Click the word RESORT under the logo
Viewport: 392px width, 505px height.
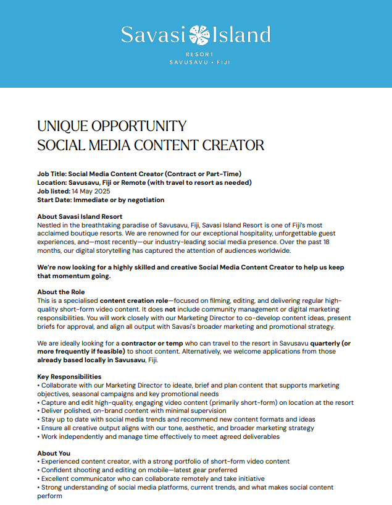pyautogui.click(x=196, y=54)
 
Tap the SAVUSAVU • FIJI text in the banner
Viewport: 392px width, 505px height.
pyautogui.click(x=196, y=63)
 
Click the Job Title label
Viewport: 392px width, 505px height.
pyautogui.click(x=52, y=174)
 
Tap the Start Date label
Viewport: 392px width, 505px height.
pyautogui.click(x=54, y=200)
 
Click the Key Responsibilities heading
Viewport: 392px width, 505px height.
pyautogui.click(x=69, y=376)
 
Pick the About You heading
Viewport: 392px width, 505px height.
pyautogui.click(x=54, y=453)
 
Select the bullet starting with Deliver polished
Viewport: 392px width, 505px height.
pyautogui.click(x=131, y=410)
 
